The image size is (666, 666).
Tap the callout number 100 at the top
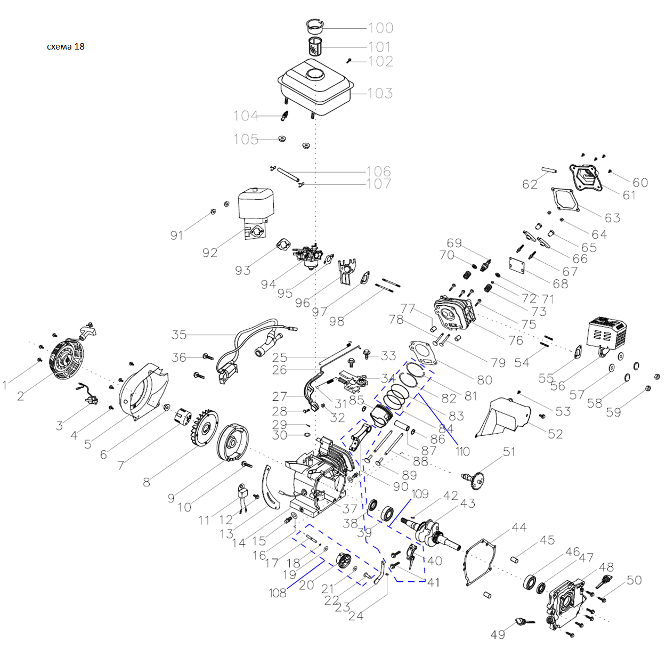380,28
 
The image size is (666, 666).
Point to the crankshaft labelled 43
434,533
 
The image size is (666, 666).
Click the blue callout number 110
462,452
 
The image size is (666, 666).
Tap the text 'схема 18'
66,46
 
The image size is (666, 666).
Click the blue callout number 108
277,593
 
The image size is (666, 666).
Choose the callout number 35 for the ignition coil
179,335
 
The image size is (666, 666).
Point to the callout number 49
498,635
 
